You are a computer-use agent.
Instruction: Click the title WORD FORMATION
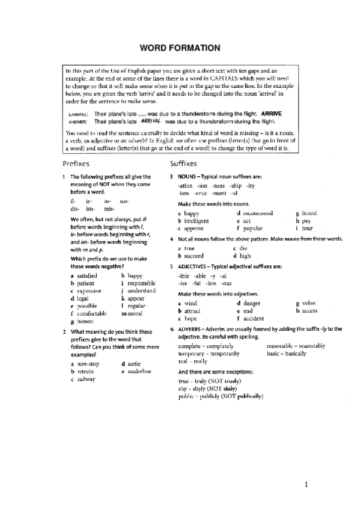tap(180, 48)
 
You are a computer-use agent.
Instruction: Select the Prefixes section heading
tap(76, 163)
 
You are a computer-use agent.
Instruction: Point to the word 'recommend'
tap(259, 213)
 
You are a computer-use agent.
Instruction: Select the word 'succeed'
tap(196, 255)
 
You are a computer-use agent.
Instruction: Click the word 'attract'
tap(192, 310)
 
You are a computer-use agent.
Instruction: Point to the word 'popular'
tap(253, 229)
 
